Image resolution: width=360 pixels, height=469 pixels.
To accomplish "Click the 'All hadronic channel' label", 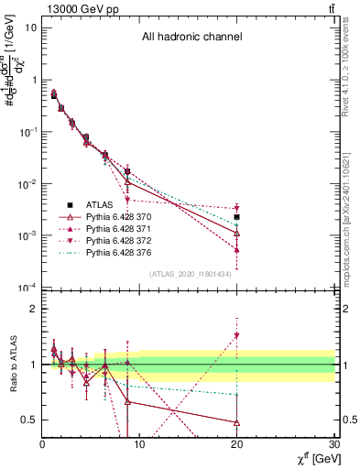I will (x=191, y=38).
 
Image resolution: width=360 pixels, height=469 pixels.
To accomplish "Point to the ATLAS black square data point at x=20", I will (x=236, y=217).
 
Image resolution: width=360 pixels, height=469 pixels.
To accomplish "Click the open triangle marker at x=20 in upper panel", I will (x=236, y=234).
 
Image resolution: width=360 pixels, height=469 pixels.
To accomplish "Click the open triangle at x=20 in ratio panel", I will (x=236, y=422).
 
